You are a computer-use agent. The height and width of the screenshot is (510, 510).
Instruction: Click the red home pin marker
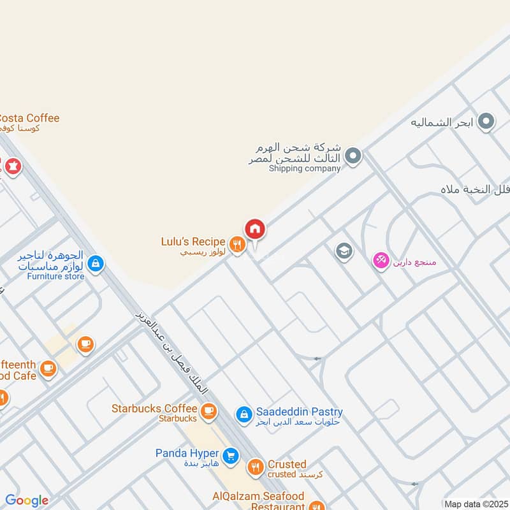click(x=255, y=228)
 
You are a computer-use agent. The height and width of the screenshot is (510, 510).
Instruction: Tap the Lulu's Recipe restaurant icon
click(x=237, y=244)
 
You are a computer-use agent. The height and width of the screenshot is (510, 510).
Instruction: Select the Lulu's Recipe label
click(x=193, y=242)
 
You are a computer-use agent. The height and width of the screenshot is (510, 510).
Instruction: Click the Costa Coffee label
click(x=29, y=118)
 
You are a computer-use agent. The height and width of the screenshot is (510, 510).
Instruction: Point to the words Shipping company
click(x=304, y=168)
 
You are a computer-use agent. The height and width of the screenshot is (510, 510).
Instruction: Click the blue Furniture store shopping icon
click(x=96, y=263)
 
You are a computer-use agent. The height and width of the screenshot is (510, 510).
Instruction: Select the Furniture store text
click(x=55, y=276)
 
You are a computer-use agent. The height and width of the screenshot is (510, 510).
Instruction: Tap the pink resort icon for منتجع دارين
click(x=381, y=261)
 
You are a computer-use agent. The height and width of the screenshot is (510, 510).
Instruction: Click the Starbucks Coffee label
click(x=154, y=408)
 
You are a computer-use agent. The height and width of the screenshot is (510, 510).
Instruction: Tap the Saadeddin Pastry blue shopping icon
click(x=244, y=415)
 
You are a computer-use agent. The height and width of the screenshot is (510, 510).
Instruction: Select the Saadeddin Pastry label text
click(x=299, y=412)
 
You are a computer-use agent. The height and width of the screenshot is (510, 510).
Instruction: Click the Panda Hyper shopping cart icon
click(x=231, y=456)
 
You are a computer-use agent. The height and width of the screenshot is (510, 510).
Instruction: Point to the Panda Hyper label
click(x=187, y=453)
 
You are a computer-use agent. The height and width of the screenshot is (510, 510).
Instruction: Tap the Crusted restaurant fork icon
click(x=256, y=468)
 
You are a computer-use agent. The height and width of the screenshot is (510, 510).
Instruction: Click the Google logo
click(x=27, y=501)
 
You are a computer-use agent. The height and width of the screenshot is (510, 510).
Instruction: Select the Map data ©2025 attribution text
click(x=475, y=504)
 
